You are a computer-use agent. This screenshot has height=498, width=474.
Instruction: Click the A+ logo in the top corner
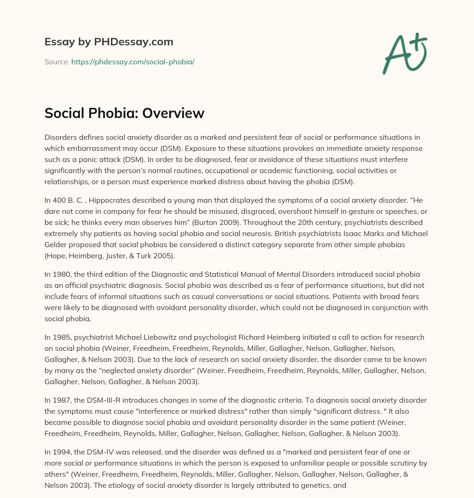[405, 53]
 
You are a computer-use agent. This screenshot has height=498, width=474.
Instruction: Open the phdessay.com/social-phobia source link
[132, 62]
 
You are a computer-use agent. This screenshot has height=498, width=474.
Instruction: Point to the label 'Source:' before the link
[56, 62]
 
